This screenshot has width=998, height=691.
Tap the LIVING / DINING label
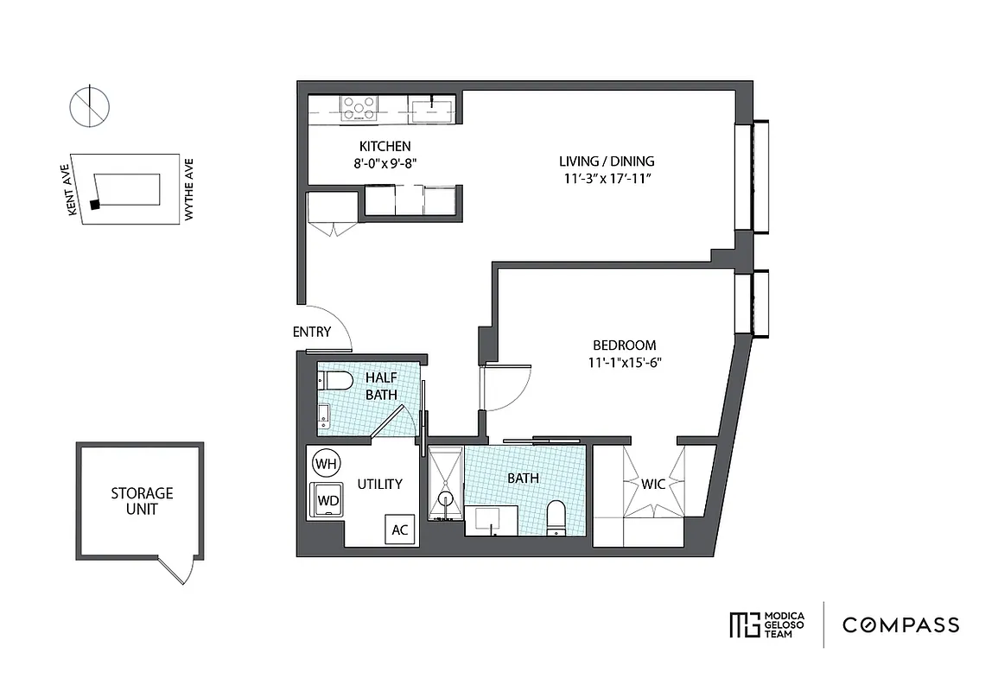coord(606,161)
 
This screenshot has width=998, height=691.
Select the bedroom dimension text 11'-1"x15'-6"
coord(619,363)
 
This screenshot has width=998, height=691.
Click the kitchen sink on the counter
coord(429,107)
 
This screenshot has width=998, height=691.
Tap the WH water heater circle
coord(326,464)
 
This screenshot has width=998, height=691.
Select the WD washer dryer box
coord(327,500)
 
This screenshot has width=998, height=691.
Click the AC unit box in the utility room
coord(400,529)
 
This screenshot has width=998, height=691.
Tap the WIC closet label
coord(653,484)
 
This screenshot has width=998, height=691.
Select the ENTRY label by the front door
coord(311,332)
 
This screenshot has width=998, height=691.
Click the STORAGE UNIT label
coord(142,501)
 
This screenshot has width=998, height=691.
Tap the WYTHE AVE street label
coord(188,189)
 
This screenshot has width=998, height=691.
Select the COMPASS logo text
coord(899,624)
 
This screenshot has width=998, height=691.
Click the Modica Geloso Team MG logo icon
coord(743,624)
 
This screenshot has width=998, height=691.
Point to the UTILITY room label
coord(380,484)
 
